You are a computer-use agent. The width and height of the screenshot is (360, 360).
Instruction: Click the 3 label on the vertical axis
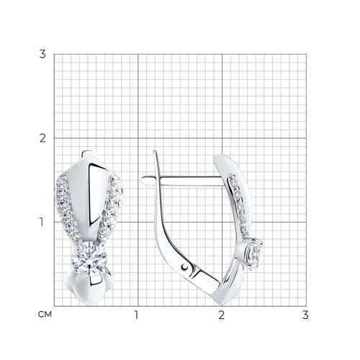(x=42, y=55)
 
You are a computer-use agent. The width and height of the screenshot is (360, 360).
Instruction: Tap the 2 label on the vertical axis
(x=42, y=138)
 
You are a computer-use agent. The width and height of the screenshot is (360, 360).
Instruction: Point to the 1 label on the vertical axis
(x=42, y=222)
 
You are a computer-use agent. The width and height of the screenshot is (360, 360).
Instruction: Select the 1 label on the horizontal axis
(x=136, y=315)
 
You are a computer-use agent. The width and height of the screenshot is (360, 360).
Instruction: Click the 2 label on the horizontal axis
(x=222, y=315)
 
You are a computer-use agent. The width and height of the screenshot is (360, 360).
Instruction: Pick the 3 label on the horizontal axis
(x=305, y=315)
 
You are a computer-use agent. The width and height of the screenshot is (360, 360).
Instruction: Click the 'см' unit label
(x=45, y=315)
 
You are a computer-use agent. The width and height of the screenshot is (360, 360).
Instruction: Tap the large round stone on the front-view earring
(x=89, y=258)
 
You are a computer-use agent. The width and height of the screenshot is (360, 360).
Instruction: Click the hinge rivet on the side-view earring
(x=184, y=266)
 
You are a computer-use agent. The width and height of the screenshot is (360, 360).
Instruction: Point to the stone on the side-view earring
(x=253, y=253)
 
